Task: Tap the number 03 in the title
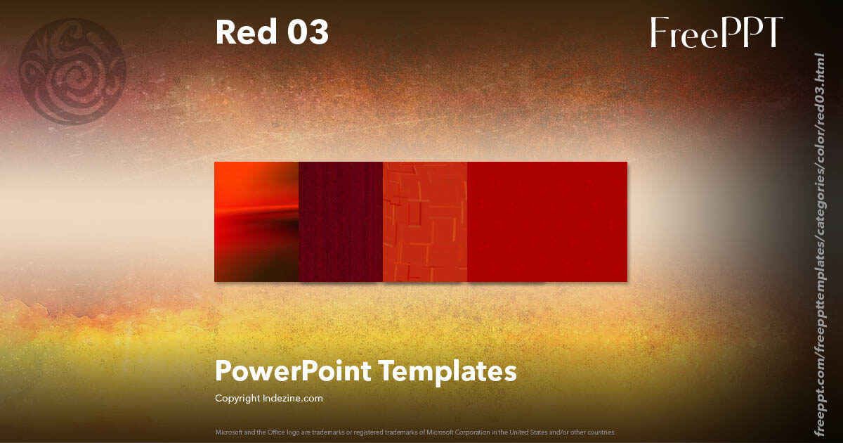coord(307,32)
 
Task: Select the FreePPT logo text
coord(717,32)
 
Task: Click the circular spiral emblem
coord(73,72)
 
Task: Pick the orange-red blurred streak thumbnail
coord(256,222)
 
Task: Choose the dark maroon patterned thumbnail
coord(341,222)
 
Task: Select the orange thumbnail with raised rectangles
coord(425,222)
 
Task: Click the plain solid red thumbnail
coord(547,222)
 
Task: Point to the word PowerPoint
coord(294,371)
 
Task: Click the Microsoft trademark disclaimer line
coord(416,432)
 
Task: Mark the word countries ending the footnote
coord(602,432)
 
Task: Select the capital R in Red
coord(226,32)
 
